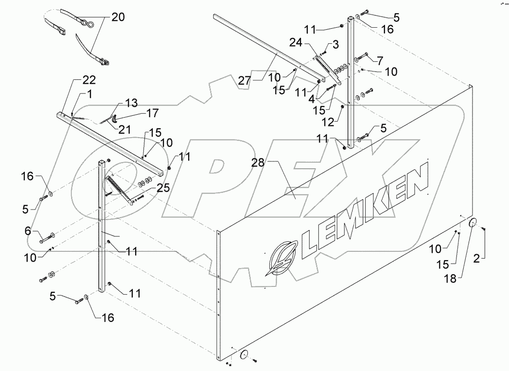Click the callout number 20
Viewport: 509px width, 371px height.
[x=118, y=18]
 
